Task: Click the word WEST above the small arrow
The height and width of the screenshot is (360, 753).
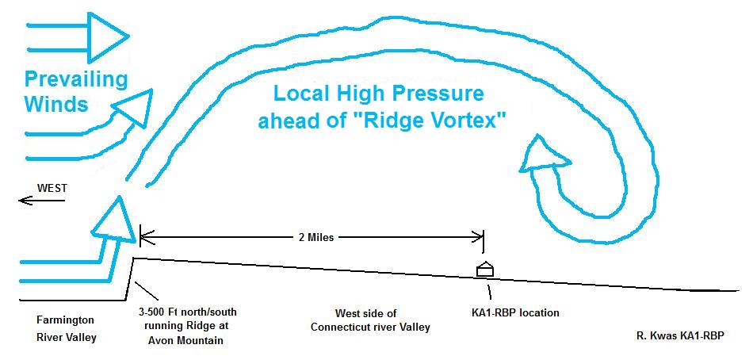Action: coord(52,188)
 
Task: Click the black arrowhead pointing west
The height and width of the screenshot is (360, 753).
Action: coord(25,201)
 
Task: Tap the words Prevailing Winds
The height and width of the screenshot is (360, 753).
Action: coord(75,91)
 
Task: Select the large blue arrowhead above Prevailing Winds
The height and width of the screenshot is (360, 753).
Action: coord(107,36)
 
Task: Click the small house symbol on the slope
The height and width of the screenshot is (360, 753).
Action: coord(484,270)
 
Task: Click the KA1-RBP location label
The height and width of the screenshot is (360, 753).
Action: coord(510,312)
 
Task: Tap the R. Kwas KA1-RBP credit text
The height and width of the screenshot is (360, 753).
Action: coord(679,335)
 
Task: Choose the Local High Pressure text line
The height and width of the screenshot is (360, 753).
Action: coord(378,94)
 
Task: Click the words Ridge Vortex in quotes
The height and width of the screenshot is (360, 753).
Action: coord(448,121)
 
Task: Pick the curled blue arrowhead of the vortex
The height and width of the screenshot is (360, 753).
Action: coord(543,156)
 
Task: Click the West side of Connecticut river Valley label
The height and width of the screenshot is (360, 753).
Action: coord(369,320)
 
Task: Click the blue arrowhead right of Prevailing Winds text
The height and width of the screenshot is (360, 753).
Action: coord(132,109)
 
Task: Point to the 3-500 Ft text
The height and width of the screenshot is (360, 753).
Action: coord(160,312)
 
